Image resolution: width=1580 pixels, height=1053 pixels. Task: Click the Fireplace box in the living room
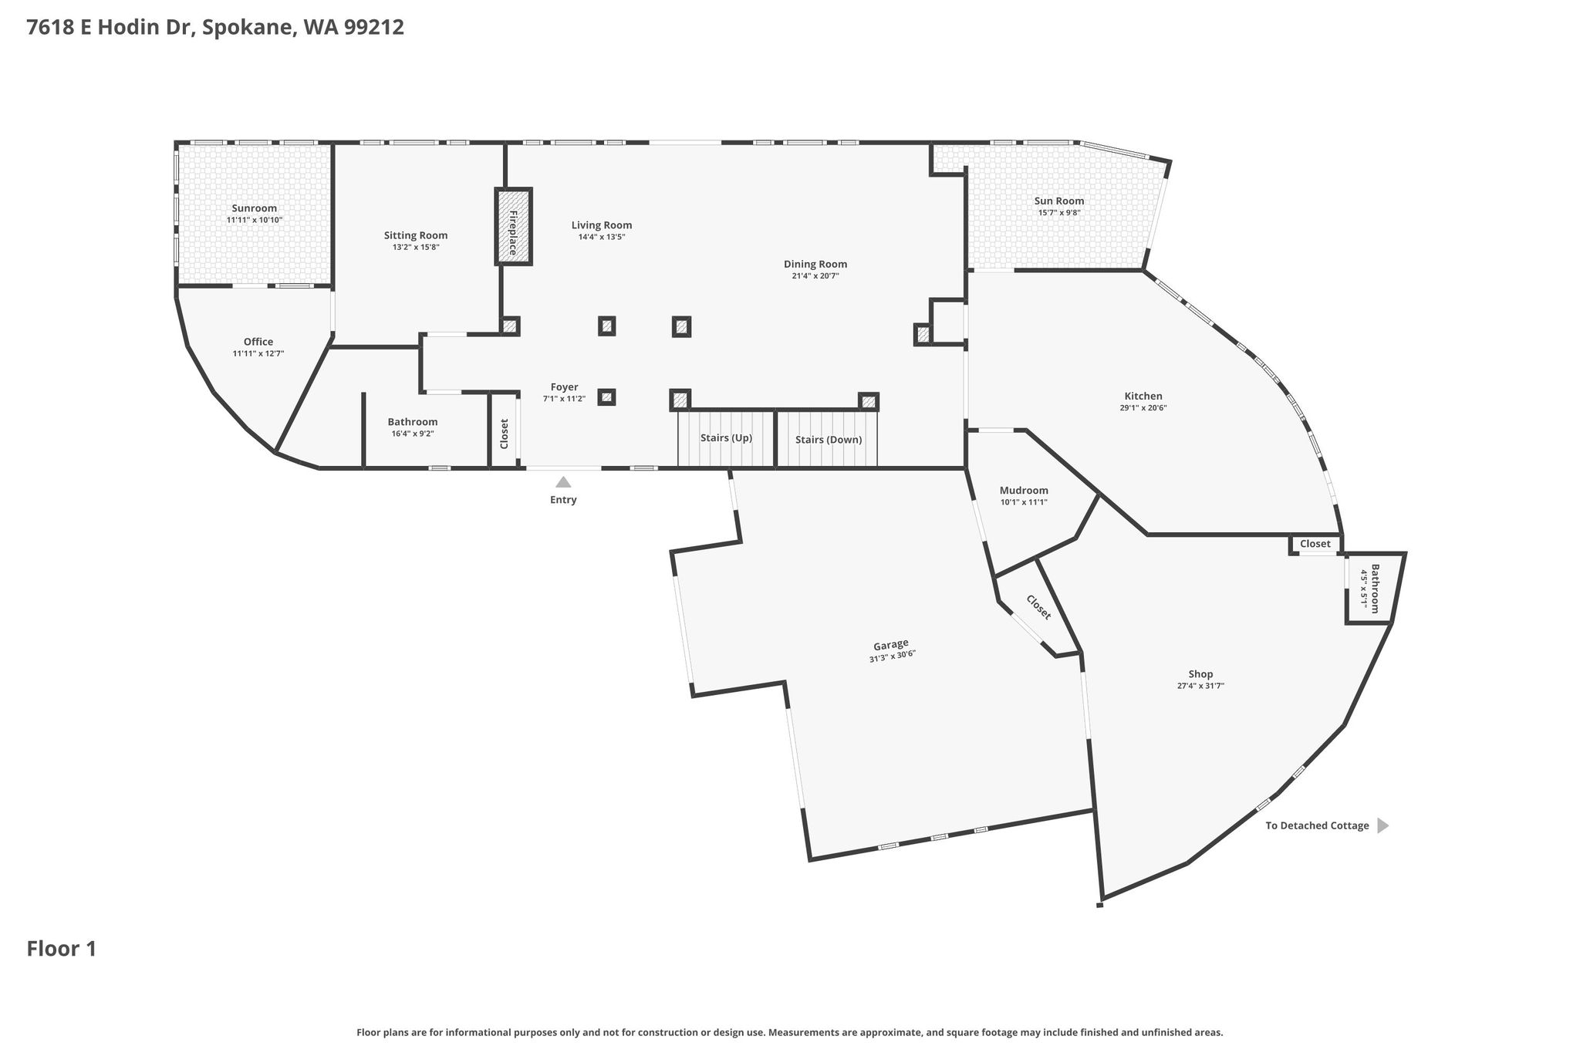[x=513, y=227]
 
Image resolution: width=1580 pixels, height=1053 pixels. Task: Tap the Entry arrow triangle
[x=563, y=482]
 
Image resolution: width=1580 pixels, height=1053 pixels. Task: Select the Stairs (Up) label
[x=726, y=438]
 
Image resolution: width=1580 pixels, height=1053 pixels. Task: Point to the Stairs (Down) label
[x=829, y=440]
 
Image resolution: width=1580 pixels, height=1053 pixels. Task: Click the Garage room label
[x=891, y=644]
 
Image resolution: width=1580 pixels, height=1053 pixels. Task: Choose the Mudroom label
[x=1024, y=490]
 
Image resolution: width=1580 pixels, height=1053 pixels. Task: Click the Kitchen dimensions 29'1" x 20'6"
[x=1143, y=408]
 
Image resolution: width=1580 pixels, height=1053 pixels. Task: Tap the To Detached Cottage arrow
[x=1382, y=825]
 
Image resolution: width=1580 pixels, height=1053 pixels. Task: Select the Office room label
[x=258, y=342]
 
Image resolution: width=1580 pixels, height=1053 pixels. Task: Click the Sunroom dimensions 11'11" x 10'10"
[x=255, y=220]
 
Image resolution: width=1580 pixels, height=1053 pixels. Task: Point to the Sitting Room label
[x=416, y=235]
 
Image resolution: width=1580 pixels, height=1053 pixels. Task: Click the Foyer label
[x=564, y=387]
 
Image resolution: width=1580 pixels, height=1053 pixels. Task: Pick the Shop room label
[x=1200, y=674]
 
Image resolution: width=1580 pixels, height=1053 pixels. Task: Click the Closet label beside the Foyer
[x=505, y=434]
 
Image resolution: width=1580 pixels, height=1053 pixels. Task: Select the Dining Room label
[x=815, y=264]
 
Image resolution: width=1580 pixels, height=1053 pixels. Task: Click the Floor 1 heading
[x=62, y=949]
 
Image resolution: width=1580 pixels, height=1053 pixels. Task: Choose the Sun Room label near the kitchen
[x=1059, y=201]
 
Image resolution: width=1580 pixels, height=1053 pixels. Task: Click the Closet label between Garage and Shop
[x=1038, y=606]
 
